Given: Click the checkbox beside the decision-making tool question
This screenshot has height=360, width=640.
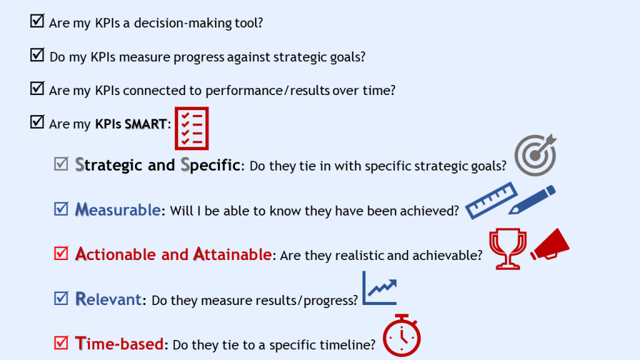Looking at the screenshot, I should click(37, 21).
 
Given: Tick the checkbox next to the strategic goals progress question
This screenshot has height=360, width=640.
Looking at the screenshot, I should click(37, 55).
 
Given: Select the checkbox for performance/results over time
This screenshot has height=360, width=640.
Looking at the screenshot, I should click(37, 89).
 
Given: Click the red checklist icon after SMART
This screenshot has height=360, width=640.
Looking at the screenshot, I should click(191, 128).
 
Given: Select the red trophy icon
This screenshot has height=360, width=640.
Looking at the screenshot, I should click(507, 247).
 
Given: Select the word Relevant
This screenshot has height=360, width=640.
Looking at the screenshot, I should click(109, 299).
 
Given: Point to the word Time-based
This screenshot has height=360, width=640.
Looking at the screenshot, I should click(119, 344).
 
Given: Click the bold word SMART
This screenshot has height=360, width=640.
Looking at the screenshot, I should click(146, 124).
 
